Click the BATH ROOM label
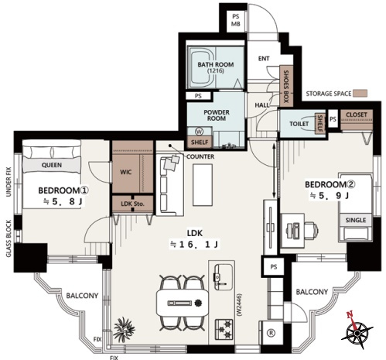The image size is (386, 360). [216, 64]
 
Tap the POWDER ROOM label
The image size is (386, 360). [217, 115]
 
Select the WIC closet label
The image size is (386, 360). [126, 172]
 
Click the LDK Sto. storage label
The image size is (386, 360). [132, 204]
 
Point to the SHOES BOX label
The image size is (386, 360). [286, 87]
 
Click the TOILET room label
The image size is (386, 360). [299, 124]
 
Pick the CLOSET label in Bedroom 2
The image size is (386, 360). [357, 115]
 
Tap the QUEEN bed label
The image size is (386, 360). [52, 165]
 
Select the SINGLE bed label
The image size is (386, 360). [356, 220]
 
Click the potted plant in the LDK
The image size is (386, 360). [124, 329]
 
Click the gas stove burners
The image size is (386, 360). [224, 329]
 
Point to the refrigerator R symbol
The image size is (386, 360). [271, 333]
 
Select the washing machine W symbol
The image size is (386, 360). [199, 132]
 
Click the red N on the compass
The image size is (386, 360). [350, 314]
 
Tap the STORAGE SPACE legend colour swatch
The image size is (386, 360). [360, 93]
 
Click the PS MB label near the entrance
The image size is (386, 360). [236, 20]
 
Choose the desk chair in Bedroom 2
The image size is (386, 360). [311, 230]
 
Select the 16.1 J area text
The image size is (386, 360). [194, 244]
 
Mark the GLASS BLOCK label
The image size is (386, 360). [9, 238]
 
